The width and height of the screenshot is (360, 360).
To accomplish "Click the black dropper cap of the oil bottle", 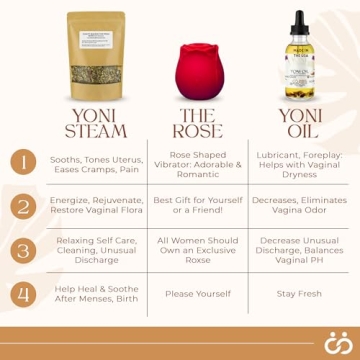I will click(299, 23).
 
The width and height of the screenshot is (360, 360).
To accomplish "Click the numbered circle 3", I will click(21, 249).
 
